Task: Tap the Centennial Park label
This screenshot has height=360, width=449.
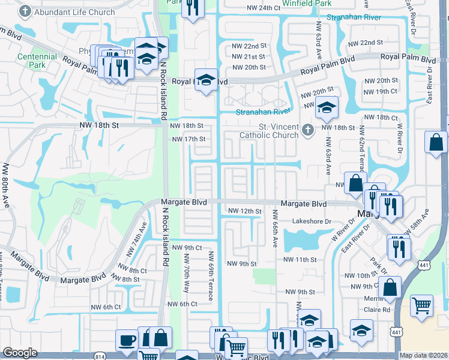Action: (37, 61)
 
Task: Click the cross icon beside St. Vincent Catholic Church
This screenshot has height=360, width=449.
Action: (307, 130)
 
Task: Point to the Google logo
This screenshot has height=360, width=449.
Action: (20, 353)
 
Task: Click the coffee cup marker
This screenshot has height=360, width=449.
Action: (126, 340)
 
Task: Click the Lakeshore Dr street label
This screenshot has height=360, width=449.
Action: (312, 221)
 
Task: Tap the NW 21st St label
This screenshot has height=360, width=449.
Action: (249, 56)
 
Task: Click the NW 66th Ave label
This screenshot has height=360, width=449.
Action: (275, 229)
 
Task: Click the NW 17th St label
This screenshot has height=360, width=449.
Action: (188, 139)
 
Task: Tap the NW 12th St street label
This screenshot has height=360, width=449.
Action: (245, 211)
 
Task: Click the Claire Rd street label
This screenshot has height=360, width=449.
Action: (377, 310)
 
